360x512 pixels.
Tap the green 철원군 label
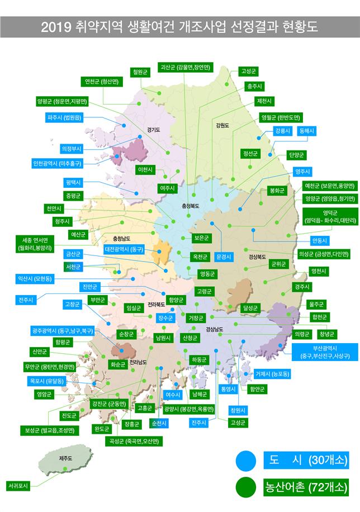click(x=140, y=72)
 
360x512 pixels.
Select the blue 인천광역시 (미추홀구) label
click(x=58, y=164)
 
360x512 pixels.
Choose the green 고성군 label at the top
click(x=248, y=71)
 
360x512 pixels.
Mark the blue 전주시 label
click(x=26, y=300)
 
